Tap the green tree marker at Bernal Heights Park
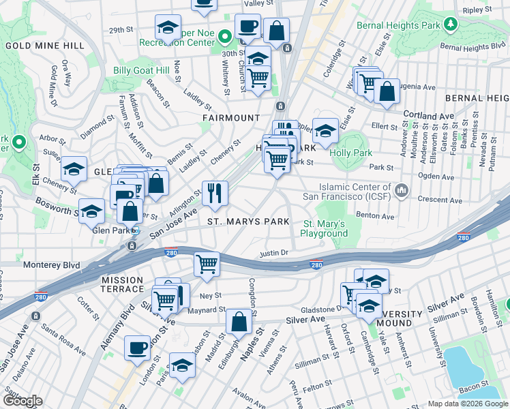pos(450,25)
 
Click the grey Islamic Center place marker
pos(402,188)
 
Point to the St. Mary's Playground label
pos(325,228)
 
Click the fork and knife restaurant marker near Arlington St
pos(215,193)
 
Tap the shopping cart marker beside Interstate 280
pos(207,264)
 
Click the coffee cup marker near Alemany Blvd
pos(138,347)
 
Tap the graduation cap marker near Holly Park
pos(326,131)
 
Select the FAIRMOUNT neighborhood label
pos(231,117)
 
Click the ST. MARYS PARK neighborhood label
pos(248,222)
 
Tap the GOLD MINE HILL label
pos(45,46)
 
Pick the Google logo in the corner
pos(22,400)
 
